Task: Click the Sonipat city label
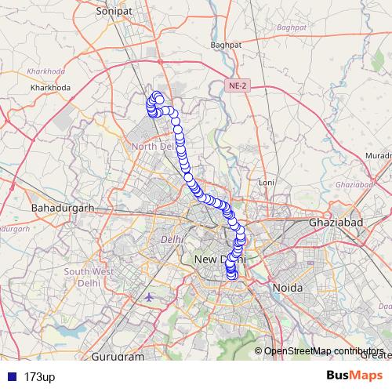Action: point(111,13)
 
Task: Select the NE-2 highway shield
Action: point(238,85)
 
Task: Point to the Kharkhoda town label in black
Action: point(51,87)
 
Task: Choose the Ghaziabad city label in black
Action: point(334,223)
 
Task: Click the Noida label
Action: point(287,288)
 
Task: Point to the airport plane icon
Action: point(151,297)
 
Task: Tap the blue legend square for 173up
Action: point(11,376)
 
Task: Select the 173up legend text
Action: point(40,376)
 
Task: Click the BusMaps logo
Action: point(355,376)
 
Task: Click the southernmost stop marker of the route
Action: point(231,274)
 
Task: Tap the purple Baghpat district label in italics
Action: point(291,28)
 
